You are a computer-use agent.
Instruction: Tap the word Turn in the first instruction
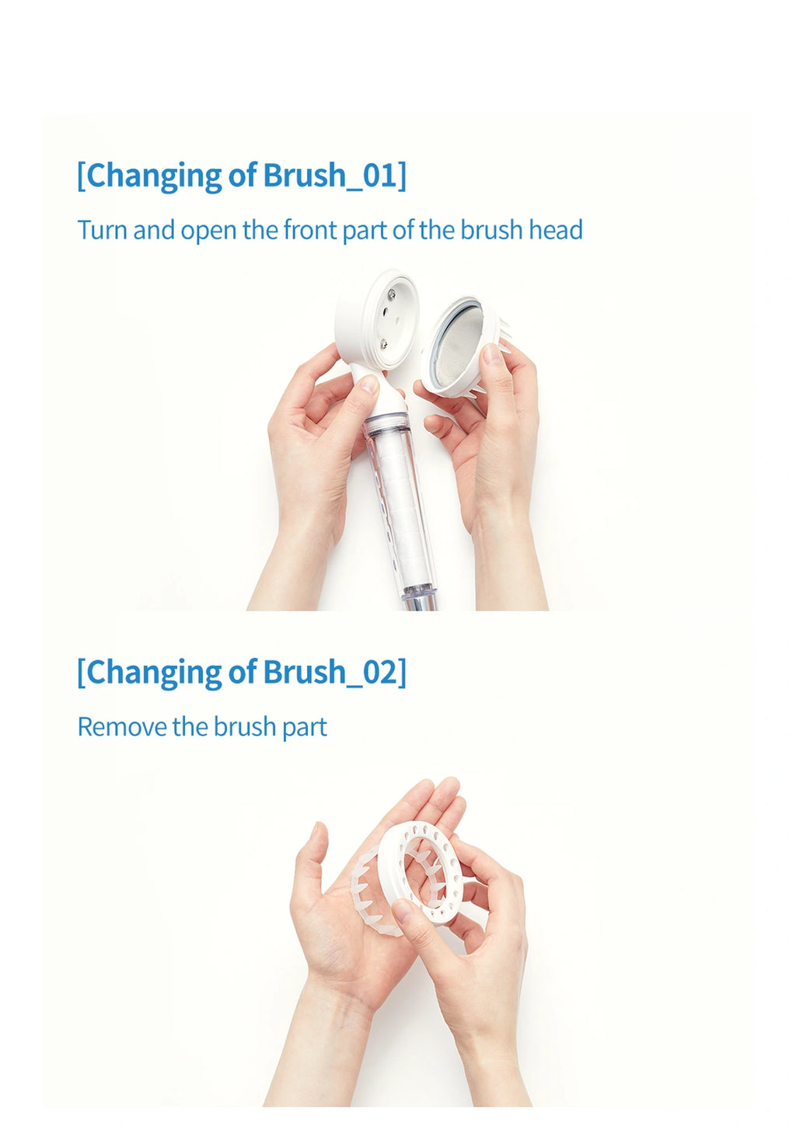point(102,230)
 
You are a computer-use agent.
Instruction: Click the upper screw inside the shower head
point(391,293)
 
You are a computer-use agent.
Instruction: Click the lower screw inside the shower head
point(384,344)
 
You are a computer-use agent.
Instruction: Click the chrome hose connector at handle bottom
point(421,601)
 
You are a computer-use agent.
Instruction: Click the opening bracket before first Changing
point(82,176)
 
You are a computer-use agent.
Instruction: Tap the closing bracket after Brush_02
point(402,673)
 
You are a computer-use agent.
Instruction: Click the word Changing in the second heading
point(155,673)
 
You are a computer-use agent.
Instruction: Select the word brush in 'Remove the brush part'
point(246,727)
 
